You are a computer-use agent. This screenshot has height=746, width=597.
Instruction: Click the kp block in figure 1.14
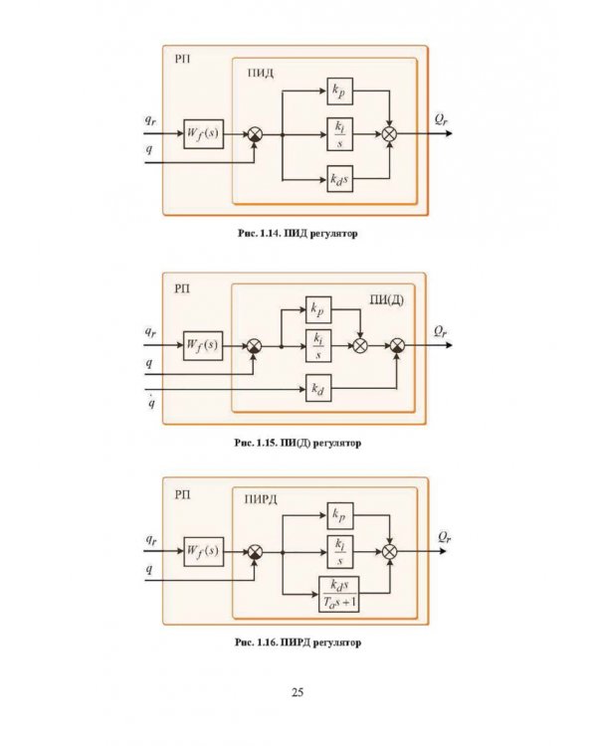[x=340, y=91]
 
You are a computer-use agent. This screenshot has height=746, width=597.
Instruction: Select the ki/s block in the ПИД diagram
[x=340, y=134]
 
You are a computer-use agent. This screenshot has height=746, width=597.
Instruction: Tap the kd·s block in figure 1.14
[x=340, y=179]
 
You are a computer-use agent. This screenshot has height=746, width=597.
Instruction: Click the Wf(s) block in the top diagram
[x=203, y=133]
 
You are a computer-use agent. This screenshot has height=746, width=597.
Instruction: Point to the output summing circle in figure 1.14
[x=389, y=134]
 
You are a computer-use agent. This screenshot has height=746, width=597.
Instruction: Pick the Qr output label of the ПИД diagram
[x=442, y=119]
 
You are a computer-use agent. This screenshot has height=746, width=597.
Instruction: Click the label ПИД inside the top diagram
[x=261, y=74]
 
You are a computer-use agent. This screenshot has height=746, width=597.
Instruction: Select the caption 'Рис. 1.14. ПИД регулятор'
[x=298, y=234]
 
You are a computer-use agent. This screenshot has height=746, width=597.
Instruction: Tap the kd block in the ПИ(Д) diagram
[x=318, y=388]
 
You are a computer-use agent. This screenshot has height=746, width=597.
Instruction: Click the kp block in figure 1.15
[x=318, y=309]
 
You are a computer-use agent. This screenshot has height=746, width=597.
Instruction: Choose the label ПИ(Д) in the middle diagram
[x=387, y=300]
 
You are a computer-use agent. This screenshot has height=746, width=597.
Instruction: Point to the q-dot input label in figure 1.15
[x=151, y=402]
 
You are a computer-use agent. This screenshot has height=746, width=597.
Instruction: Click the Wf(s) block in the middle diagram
[x=203, y=345]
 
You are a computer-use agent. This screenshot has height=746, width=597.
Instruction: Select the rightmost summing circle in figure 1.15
[x=397, y=345]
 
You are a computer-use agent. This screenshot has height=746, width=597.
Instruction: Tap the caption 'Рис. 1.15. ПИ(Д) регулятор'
[x=298, y=443]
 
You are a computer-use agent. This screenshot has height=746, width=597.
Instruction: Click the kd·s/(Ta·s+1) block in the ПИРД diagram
[x=338, y=594]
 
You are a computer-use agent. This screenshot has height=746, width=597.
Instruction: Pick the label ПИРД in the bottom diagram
[x=261, y=499]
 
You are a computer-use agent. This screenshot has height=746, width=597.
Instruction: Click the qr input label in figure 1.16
[x=151, y=540]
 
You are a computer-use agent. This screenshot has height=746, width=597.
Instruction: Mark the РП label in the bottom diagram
[x=182, y=495]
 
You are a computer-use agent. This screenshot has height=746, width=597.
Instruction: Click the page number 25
[x=298, y=692]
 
